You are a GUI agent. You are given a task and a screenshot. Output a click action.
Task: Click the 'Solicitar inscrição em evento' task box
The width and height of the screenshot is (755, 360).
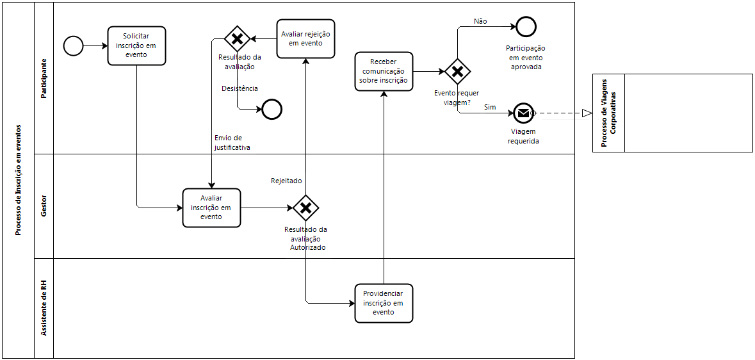coord(136,45)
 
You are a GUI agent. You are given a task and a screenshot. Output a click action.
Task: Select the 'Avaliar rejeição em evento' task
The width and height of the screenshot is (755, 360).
coord(305,39)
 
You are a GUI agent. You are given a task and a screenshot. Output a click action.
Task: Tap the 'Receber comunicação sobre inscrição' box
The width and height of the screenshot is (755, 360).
coord(384,71)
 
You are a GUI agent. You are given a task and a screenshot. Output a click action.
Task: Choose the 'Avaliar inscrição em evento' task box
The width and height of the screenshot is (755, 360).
coord(211,208)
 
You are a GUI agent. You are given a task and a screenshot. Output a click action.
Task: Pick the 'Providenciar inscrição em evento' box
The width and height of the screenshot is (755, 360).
coord(384,303)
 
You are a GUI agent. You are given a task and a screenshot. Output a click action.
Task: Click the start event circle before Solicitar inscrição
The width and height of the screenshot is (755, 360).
coord(73,45)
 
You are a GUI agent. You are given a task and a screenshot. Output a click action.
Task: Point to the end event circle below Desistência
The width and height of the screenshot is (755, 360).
coord(272,110)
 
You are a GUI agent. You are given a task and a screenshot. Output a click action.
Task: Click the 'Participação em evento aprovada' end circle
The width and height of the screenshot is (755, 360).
coord(526,26)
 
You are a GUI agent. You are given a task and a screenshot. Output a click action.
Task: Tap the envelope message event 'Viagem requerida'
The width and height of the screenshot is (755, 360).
coord(523,113)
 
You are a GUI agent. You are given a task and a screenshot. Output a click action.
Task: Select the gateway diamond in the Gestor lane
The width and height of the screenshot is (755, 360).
coord(305,208)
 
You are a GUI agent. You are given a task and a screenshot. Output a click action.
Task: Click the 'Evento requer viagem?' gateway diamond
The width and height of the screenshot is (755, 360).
coord(457,72)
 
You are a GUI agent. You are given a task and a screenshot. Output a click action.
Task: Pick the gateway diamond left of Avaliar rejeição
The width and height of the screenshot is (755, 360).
coord(237,38)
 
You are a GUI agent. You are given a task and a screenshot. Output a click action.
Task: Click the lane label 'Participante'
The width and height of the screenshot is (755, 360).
coord(44,79)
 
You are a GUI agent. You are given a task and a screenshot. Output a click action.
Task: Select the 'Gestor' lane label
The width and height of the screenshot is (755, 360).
coord(44,206)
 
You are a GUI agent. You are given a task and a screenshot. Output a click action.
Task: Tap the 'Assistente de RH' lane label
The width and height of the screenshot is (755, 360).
coord(44,308)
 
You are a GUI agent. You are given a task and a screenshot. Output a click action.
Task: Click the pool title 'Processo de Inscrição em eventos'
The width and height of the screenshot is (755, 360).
coord(19,180)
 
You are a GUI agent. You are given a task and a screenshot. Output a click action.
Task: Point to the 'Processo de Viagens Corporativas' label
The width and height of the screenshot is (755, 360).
coord(608,113)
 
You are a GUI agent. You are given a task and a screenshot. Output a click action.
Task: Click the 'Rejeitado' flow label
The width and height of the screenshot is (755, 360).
coord(286,181)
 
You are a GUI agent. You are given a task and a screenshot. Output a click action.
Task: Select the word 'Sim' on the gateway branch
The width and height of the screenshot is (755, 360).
coord(490,107)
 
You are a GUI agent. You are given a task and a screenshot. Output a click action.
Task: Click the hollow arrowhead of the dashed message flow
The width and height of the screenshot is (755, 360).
coord(587,113)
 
